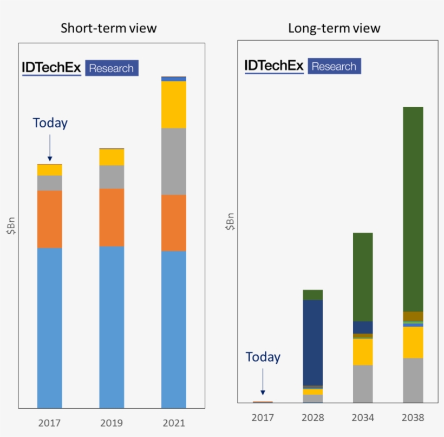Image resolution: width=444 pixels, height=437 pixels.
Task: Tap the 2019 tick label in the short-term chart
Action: (112, 422)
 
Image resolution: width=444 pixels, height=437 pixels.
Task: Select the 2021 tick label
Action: (174, 422)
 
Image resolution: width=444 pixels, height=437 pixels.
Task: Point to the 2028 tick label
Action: (313, 417)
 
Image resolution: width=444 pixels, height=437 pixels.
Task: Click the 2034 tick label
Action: (363, 417)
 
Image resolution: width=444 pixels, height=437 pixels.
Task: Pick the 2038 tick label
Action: (413, 417)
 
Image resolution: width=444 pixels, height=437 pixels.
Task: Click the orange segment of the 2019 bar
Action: (112, 217)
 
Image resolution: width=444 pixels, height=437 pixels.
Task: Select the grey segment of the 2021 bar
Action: (174, 161)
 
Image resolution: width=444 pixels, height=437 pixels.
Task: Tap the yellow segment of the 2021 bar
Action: (174, 104)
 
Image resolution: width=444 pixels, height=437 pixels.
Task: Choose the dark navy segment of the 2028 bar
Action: (313, 342)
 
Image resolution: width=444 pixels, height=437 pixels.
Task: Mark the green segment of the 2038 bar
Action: (413, 209)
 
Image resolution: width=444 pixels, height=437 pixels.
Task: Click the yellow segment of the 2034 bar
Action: (363, 351)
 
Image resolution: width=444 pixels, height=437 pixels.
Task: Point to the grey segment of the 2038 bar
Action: (413, 380)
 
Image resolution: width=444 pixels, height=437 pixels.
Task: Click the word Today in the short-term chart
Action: (50, 123)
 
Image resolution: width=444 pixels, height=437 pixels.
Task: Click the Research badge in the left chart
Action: (112, 68)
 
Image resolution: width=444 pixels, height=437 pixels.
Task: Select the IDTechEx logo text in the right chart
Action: (274, 66)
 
